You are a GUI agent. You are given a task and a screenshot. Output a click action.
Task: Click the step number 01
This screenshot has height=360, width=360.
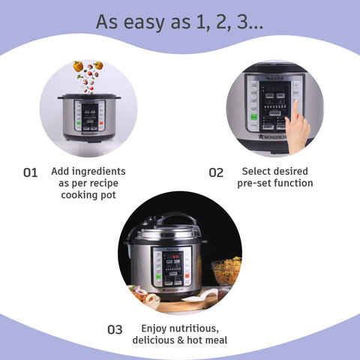click(x=30, y=172)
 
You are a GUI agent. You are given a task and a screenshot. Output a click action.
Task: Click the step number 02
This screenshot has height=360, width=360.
click(x=216, y=172)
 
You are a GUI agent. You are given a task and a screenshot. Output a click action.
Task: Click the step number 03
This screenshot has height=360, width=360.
click(x=115, y=329)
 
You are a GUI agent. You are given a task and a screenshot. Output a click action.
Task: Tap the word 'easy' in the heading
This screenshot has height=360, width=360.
click(x=157, y=22)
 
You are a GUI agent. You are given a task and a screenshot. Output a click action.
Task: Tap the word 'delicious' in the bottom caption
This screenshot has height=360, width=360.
click(x=156, y=340)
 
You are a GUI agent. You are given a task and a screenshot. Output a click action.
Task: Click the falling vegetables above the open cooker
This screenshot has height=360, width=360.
click(x=88, y=75)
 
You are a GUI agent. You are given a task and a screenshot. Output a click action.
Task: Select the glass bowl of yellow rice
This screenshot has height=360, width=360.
click(x=226, y=271)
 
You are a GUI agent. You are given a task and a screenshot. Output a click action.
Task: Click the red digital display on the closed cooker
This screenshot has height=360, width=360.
click(x=172, y=256)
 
